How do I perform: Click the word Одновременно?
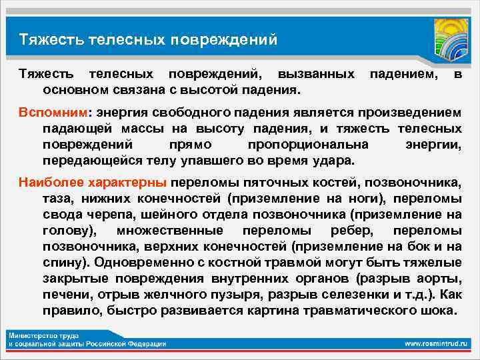coord(145,262)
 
